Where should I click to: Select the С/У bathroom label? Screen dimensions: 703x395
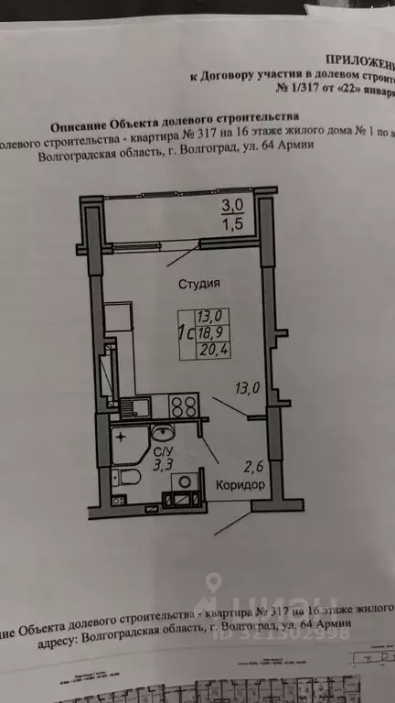pyautogui.click(x=162, y=451)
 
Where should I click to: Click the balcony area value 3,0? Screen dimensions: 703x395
pyautogui.click(x=233, y=205)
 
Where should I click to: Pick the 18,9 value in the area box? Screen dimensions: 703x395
pyautogui.click(x=209, y=330)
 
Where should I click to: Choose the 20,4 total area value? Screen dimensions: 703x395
pyautogui.click(x=210, y=348)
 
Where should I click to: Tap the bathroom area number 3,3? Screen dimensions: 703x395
pyautogui.click(x=162, y=465)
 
